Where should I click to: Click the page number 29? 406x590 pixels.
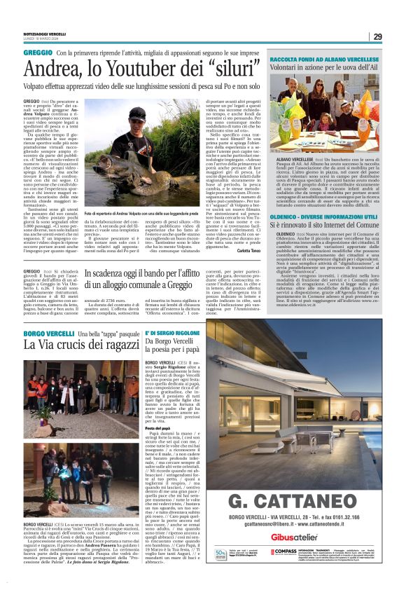(377, 36)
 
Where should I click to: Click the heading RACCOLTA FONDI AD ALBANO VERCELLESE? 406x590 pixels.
(334, 60)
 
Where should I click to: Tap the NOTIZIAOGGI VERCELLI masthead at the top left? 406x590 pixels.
(45, 34)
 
